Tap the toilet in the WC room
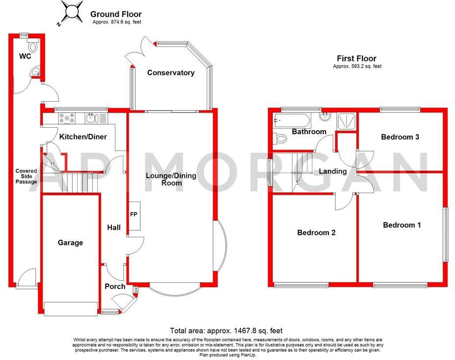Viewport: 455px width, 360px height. point(33,47)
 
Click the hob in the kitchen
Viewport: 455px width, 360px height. point(65,117)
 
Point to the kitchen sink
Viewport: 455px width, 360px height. point(91,117)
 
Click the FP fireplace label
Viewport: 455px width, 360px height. point(133,214)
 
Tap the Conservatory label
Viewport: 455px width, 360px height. point(171,73)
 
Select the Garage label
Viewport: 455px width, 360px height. point(70,243)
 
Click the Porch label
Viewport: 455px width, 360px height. point(115,286)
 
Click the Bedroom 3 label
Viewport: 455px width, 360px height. point(400,137)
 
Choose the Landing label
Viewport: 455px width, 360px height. point(333,171)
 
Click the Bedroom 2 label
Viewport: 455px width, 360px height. point(316,233)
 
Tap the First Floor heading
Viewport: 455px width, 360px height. point(357,59)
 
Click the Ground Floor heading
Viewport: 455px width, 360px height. point(115,15)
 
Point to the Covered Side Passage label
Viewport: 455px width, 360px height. point(26,177)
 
